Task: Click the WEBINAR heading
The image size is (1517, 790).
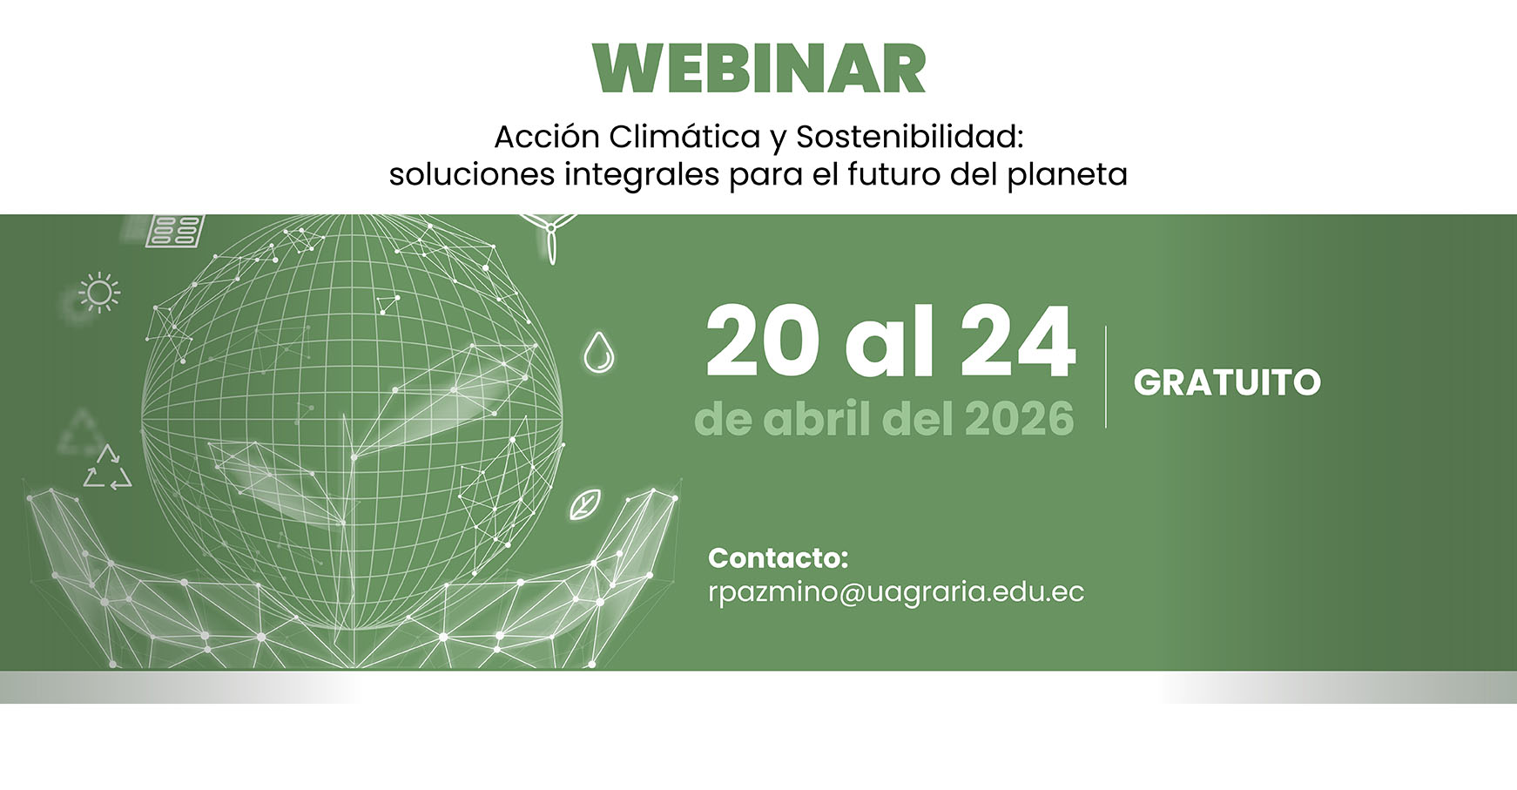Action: point(758,70)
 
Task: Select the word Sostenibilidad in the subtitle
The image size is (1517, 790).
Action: point(909,137)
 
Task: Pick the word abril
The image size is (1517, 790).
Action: point(818,419)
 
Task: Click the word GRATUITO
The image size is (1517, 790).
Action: point(1227,383)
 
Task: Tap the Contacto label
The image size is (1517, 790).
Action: point(778,557)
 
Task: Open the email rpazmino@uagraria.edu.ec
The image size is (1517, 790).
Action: point(896,592)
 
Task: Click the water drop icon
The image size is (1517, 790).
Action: point(598,353)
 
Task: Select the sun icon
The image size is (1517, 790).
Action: point(99,293)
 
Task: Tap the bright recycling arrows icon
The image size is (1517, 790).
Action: point(108,469)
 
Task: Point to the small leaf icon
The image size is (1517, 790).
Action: point(584,505)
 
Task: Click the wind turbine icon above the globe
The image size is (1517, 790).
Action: point(550,233)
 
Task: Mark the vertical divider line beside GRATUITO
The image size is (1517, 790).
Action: point(1106,377)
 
